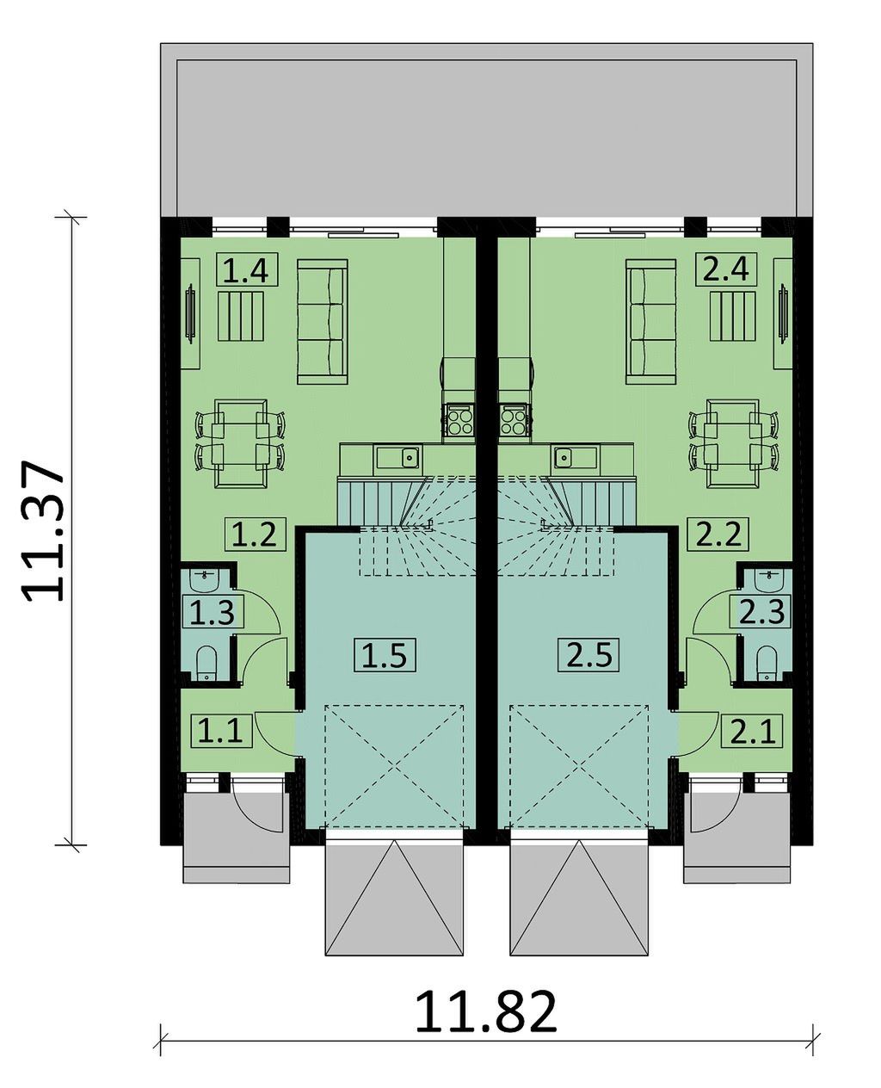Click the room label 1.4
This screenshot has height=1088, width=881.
click(x=247, y=269)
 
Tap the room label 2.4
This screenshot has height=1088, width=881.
click(x=726, y=269)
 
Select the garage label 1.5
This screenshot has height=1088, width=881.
click(x=385, y=654)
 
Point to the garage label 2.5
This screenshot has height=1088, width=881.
click(x=588, y=653)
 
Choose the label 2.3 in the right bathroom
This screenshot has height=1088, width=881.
click(x=761, y=610)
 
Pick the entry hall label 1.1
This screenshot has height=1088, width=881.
click(x=222, y=731)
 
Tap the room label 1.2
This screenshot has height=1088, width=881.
click(x=256, y=535)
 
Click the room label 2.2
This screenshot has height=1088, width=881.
click(x=718, y=534)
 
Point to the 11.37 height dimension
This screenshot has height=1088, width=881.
click(x=43, y=530)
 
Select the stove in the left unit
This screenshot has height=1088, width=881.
click(x=459, y=419)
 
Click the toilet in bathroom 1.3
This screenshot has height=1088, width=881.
click(x=207, y=663)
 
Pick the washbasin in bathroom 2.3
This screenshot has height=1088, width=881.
click(x=767, y=578)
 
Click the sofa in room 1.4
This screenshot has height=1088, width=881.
click(x=322, y=321)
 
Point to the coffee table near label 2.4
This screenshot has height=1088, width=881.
click(x=733, y=316)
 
